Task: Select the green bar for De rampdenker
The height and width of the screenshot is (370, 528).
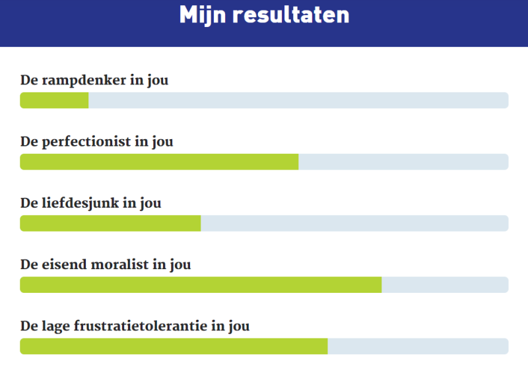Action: (54, 100)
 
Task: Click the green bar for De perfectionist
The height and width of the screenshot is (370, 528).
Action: (159, 162)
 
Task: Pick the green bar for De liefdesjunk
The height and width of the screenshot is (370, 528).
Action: (110, 223)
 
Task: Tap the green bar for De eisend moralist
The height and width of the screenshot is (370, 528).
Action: (201, 284)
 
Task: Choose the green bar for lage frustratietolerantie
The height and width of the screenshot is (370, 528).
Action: (174, 346)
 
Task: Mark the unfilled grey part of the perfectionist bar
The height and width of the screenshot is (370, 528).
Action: (403, 162)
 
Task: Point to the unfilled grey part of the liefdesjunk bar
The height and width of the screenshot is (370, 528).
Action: (354, 223)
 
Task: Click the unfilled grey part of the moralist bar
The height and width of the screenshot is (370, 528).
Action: (445, 284)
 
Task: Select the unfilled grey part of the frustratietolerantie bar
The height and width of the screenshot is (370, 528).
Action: (418, 346)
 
